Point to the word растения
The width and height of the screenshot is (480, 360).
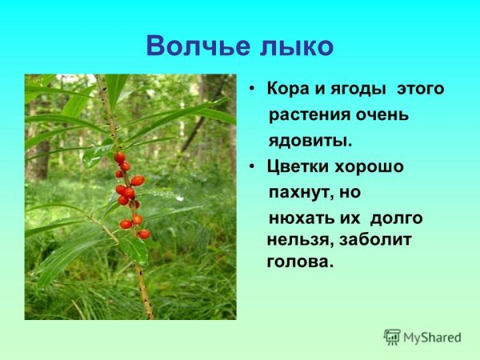306,114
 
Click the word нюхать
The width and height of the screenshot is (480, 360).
298,218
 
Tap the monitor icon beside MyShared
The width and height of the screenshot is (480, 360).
392,337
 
